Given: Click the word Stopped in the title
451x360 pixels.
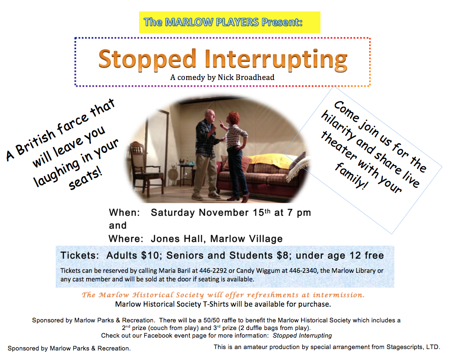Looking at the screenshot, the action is [147, 60].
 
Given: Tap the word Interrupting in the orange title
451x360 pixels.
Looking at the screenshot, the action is [276, 60].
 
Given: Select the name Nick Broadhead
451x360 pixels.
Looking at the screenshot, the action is [246, 77].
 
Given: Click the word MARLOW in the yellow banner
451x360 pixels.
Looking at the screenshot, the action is [189, 22].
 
